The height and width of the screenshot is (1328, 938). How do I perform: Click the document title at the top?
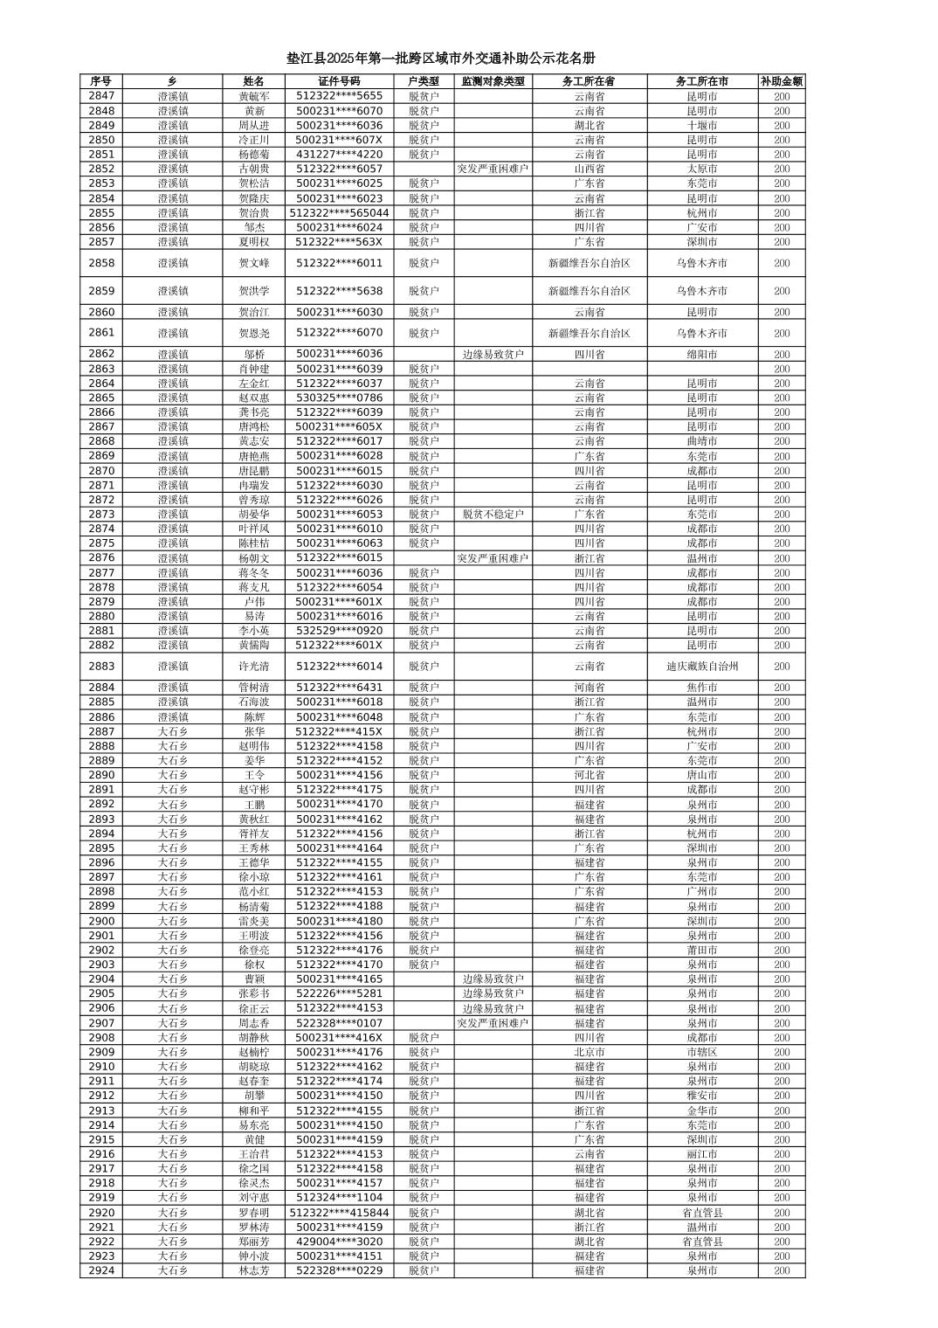441,59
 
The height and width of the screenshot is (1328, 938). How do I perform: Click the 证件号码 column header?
339,81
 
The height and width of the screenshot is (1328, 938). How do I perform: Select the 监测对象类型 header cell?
493,81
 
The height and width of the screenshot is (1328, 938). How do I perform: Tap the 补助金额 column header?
781,81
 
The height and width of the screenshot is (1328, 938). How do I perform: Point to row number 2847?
101,96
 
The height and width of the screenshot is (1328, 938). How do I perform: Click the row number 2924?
101,1270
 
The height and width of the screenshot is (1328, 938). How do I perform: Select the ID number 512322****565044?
339,212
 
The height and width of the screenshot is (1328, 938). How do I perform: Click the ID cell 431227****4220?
339,154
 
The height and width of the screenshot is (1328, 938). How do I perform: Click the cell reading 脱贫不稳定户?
493,515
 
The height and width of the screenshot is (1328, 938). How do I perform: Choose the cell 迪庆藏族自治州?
701,666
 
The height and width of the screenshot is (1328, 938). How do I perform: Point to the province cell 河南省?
589,688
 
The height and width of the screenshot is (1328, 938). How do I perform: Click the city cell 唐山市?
701,775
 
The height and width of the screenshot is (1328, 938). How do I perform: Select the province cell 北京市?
589,1052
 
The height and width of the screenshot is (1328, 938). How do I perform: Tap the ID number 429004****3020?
339,1242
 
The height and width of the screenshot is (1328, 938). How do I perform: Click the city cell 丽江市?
701,1154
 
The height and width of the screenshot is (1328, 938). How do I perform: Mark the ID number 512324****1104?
339,1198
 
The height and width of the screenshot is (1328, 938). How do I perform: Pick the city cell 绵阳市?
701,354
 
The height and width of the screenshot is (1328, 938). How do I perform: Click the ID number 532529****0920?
339,630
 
